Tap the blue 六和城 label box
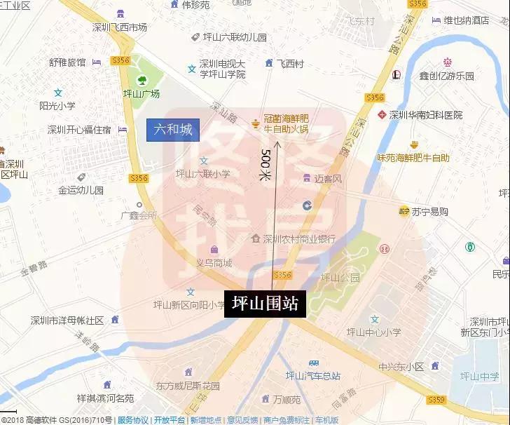(x=173, y=130)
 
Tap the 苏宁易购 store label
(x=429, y=211)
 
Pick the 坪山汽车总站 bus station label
(x=312, y=375)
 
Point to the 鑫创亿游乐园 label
(x=446, y=76)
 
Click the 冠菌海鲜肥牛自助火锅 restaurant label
(x=291, y=124)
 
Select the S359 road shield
(x=436, y=400)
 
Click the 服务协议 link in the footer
(x=133, y=420)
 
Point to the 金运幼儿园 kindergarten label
(x=81, y=190)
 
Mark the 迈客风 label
(x=328, y=179)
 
